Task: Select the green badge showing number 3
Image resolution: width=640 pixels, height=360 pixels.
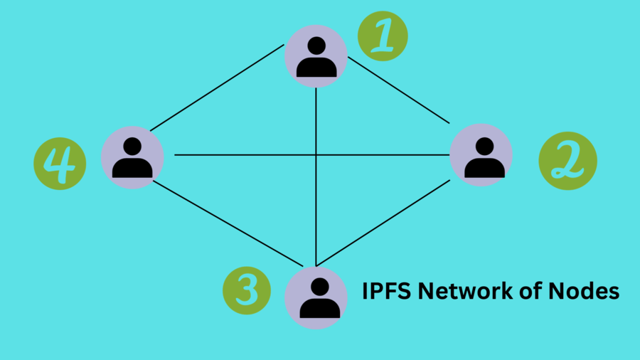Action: point(247,290)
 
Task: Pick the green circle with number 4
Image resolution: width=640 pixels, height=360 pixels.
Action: point(60,164)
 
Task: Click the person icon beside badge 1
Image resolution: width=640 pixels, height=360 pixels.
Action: point(316,56)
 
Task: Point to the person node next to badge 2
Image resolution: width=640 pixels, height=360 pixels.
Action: point(482,156)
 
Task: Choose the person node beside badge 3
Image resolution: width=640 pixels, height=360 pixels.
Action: point(316,297)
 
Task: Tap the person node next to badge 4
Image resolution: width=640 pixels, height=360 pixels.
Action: point(132,157)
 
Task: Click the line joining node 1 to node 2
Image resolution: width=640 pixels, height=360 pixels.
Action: point(398,89)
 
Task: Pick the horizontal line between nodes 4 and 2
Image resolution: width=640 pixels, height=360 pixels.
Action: point(242,154)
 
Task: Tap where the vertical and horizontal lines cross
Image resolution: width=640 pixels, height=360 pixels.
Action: point(316,154)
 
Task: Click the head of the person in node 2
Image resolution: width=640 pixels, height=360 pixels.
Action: point(484,146)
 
